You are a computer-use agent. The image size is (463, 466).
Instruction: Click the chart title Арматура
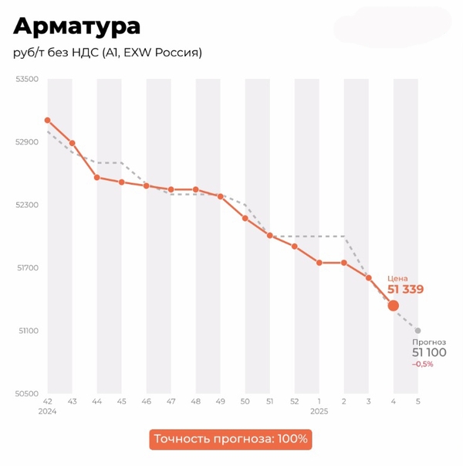click(x=77, y=26)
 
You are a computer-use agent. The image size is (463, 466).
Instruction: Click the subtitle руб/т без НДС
click(x=107, y=53)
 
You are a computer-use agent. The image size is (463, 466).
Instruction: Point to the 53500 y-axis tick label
click(x=28, y=80)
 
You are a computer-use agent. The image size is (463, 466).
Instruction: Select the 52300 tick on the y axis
click(x=28, y=206)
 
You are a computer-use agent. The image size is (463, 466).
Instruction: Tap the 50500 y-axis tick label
click(x=28, y=394)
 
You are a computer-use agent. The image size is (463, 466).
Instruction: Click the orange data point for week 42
click(x=47, y=121)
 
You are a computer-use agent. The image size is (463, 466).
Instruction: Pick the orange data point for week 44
click(x=96, y=177)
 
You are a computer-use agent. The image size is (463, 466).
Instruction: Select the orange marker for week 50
click(x=245, y=218)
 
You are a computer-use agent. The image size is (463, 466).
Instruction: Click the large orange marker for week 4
click(x=393, y=306)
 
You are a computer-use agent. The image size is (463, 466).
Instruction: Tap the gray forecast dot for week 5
click(x=417, y=331)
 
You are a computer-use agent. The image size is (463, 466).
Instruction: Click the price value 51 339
click(x=405, y=290)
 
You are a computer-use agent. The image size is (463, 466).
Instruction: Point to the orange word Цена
click(x=397, y=278)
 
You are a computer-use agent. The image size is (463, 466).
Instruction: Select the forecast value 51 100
click(x=428, y=352)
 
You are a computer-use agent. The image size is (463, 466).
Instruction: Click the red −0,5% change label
click(x=422, y=364)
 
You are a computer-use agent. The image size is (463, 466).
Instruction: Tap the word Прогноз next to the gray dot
click(x=429, y=342)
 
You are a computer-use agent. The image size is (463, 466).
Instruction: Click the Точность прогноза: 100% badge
click(x=231, y=439)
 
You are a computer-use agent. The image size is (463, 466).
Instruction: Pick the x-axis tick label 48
click(x=195, y=402)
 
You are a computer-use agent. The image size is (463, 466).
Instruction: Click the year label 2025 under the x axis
click(x=319, y=412)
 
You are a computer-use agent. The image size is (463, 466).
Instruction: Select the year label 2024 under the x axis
click(x=47, y=412)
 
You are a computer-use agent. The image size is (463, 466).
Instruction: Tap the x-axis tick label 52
click(x=294, y=402)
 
